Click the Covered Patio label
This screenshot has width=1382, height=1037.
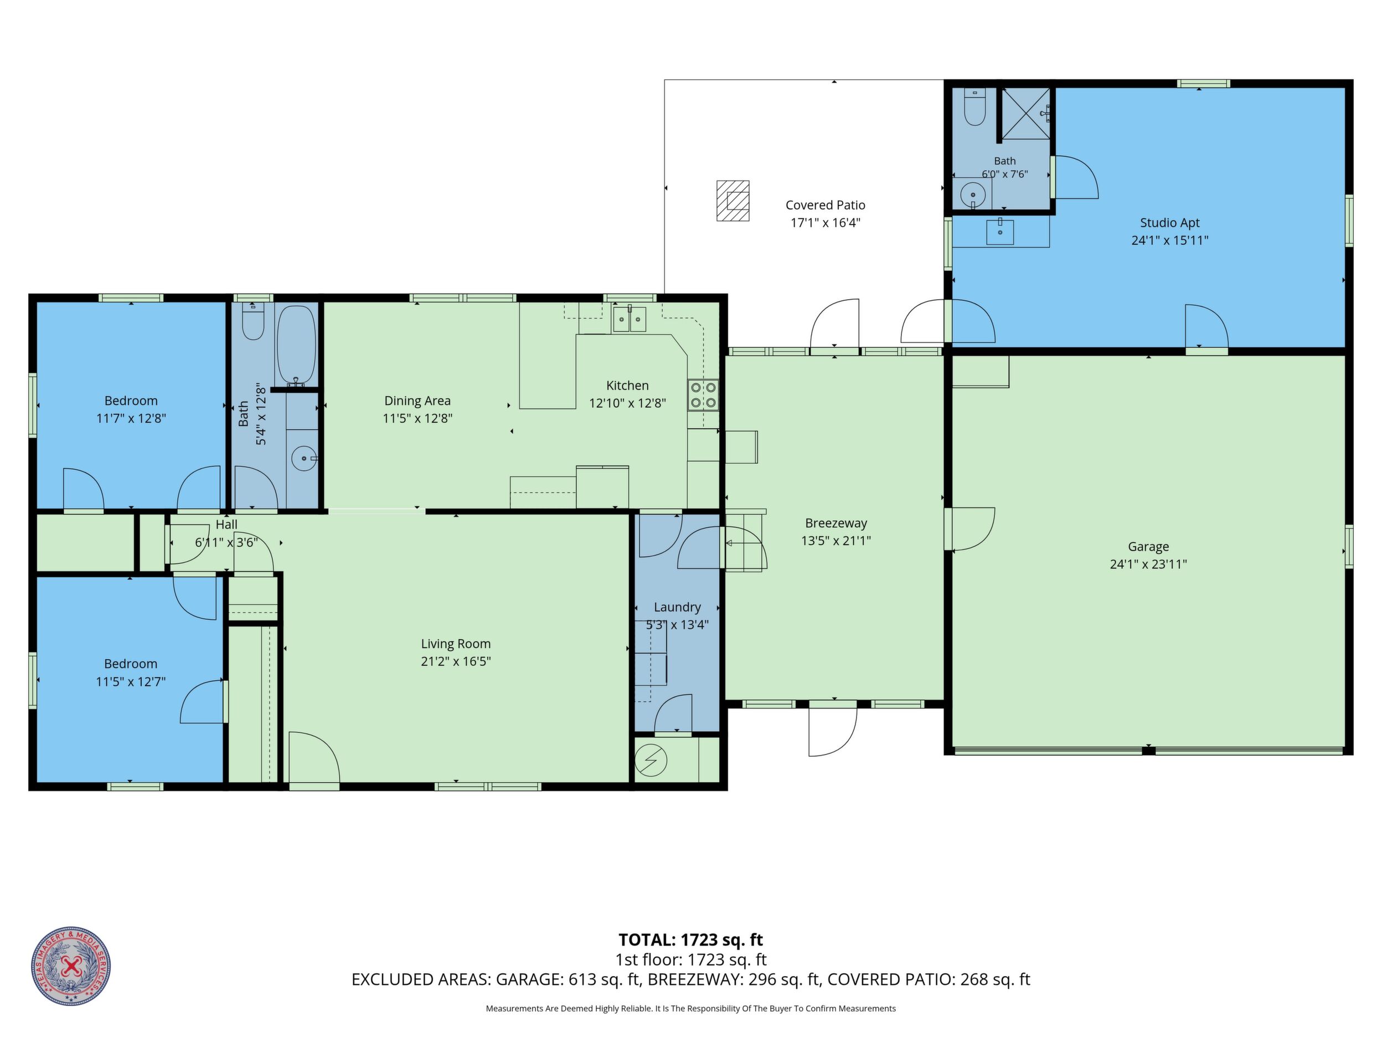click(x=826, y=205)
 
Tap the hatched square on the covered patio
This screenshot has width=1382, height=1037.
click(x=733, y=201)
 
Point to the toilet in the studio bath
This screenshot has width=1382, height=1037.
click(x=974, y=107)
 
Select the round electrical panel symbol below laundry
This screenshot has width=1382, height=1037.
click(x=651, y=761)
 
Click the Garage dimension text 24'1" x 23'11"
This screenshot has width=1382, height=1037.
click(x=1148, y=564)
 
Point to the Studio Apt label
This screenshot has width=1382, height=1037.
click(x=1169, y=223)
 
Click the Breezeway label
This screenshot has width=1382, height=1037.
click(x=836, y=523)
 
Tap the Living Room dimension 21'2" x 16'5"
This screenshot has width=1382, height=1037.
click(x=456, y=661)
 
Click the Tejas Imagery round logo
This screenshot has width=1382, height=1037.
click(x=71, y=966)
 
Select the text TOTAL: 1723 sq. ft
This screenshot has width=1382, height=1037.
click(x=690, y=940)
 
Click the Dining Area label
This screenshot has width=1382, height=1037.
click(x=417, y=401)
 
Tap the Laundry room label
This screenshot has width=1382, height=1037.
click(x=677, y=607)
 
